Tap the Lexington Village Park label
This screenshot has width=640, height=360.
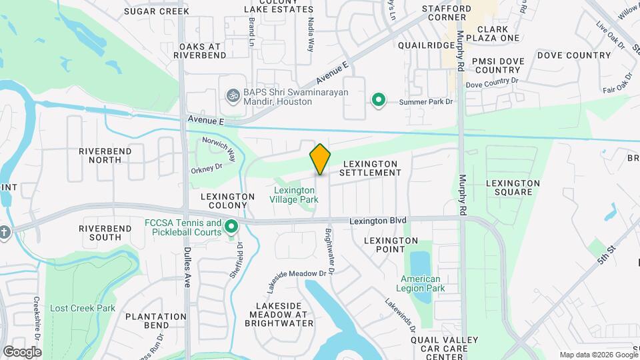tap(295, 195)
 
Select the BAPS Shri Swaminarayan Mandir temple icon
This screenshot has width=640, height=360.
tap(233, 96)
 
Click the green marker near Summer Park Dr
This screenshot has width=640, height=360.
tap(379, 100)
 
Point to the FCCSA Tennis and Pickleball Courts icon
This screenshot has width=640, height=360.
tap(232, 227)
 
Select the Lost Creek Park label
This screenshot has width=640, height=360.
tap(83, 308)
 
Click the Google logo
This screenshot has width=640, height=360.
tap(22, 351)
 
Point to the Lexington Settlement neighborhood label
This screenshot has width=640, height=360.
tap(370, 168)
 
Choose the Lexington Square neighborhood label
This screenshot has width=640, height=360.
tap(513, 187)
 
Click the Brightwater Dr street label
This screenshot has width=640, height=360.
tap(329, 245)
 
